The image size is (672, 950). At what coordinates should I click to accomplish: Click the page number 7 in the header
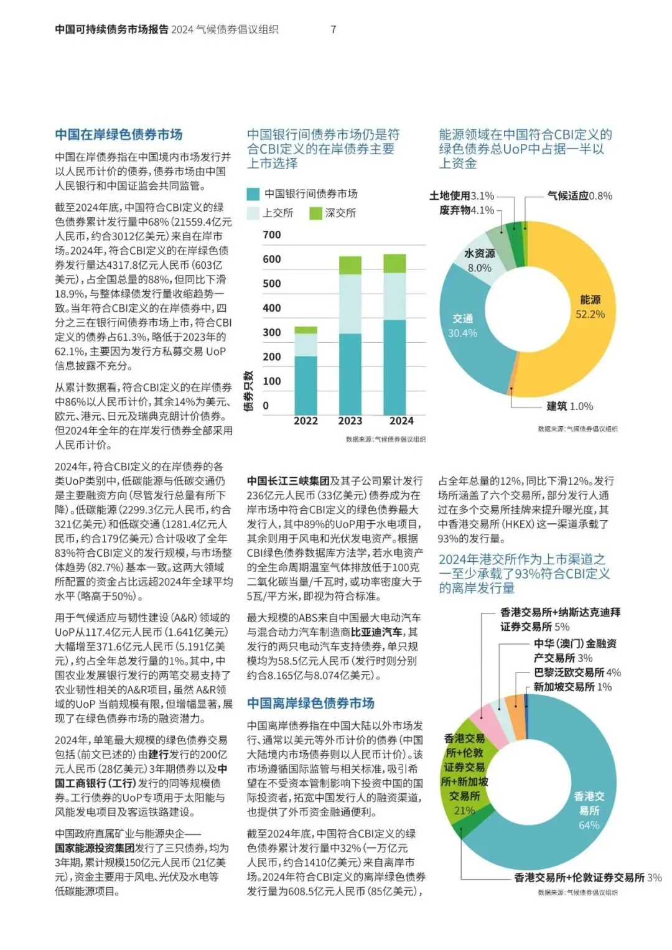[x=334, y=29]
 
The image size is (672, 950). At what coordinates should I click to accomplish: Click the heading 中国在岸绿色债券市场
[x=118, y=134]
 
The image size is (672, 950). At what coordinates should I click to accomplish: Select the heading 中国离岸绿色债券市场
[x=310, y=703]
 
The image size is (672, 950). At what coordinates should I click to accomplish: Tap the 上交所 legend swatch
[x=253, y=213]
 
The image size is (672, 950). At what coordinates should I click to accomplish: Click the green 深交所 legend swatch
[x=315, y=213]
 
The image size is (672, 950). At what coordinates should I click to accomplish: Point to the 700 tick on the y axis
[x=272, y=235]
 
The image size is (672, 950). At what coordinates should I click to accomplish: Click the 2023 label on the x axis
[x=350, y=421]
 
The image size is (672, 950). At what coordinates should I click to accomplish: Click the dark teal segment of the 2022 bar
[x=306, y=384]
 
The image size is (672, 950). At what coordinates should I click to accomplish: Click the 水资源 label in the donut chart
[x=479, y=254]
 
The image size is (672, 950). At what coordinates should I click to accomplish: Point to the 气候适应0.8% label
[x=579, y=196]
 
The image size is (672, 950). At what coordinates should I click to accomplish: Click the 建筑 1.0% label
[x=569, y=406]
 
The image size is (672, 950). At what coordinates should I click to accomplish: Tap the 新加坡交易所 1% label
[x=572, y=687]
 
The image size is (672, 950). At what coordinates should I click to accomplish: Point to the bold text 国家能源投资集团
[x=95, y=848]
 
